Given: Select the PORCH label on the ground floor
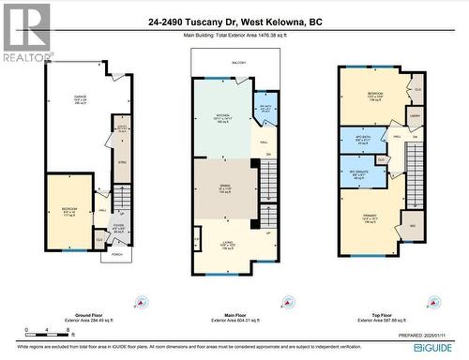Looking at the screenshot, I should tap(117, 254).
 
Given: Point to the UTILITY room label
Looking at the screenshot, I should tap(122, 128).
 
